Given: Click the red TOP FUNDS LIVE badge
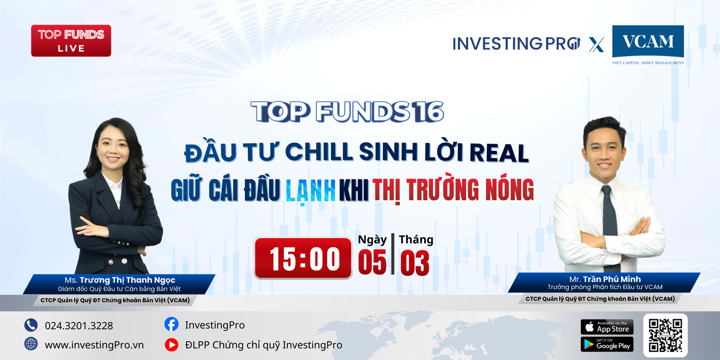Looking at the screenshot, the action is [71, 40].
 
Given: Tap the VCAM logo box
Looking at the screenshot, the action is [648, 41].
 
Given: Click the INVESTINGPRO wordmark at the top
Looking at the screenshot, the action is [516, 44].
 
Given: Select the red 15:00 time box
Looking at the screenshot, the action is [303, 258].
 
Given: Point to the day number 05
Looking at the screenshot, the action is [372, 262].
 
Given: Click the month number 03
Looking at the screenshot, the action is [415, 263].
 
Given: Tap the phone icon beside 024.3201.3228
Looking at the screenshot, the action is [31, 325].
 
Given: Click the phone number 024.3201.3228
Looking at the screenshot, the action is [79, 325].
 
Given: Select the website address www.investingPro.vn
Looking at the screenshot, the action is [94, 345].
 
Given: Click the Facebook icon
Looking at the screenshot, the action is [171, 324].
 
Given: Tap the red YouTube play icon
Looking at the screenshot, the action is [172, 345].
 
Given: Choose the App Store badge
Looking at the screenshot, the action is [607, 327].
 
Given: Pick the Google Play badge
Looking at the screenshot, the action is [607, 344].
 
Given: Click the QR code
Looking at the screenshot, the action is [666, 335].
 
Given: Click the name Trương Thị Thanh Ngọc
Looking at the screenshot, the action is [127, 280].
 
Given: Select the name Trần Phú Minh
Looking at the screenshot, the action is [612, 279].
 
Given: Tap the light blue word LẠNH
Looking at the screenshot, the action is [310, 190].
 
